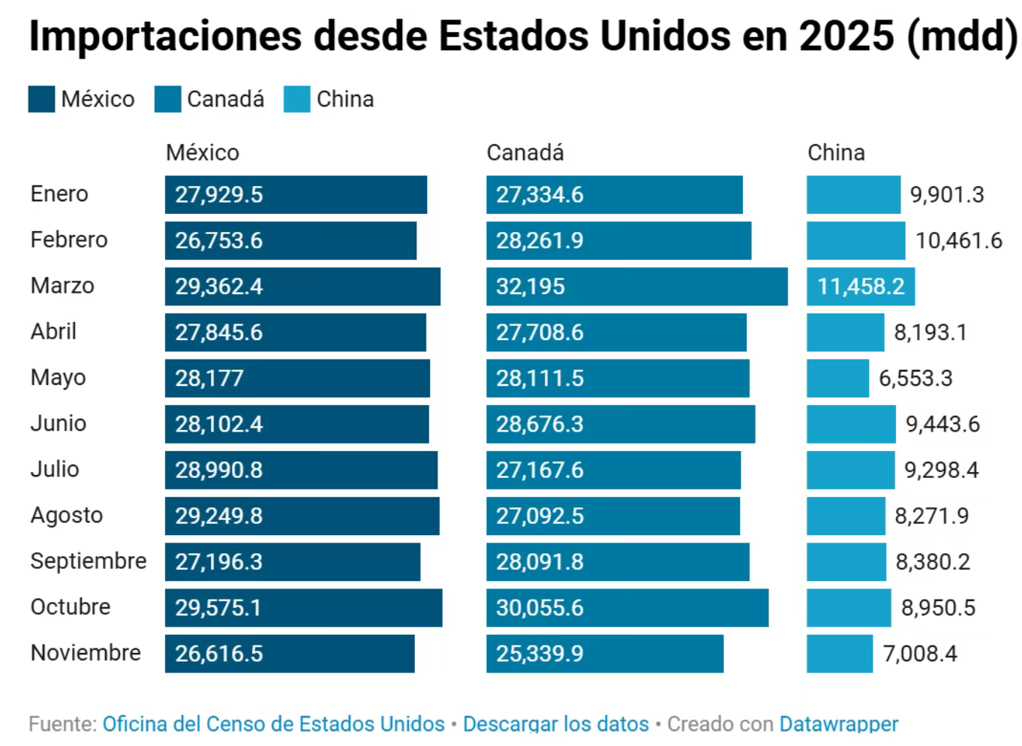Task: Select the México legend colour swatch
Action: (x=41, y=99)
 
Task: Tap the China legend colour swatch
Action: (x=296, y=99)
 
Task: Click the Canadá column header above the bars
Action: (x=525, y=152)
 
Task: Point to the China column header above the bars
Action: (x=835, y=152)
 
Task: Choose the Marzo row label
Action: (x=62, y=286)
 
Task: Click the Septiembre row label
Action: (x=88, y=561)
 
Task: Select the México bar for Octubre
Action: (x=303, y=607)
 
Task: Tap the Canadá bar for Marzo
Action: (x=636, y=286)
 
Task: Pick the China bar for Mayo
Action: (x=837, y=378)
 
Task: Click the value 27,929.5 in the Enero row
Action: (x=219, y=195)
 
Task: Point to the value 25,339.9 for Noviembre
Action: (x=540, y=654)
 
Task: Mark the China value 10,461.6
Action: (x=958, y=241)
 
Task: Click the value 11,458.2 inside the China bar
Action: (x=861, y=287)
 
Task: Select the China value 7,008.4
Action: (x=920, y=654)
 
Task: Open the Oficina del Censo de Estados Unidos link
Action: (x=273, y=723)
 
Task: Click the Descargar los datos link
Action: (x=555, y=723)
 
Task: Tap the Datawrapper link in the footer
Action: (x=838, y=723)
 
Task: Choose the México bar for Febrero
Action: (x=290, y=240)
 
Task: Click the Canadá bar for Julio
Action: (x=613, y=470)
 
